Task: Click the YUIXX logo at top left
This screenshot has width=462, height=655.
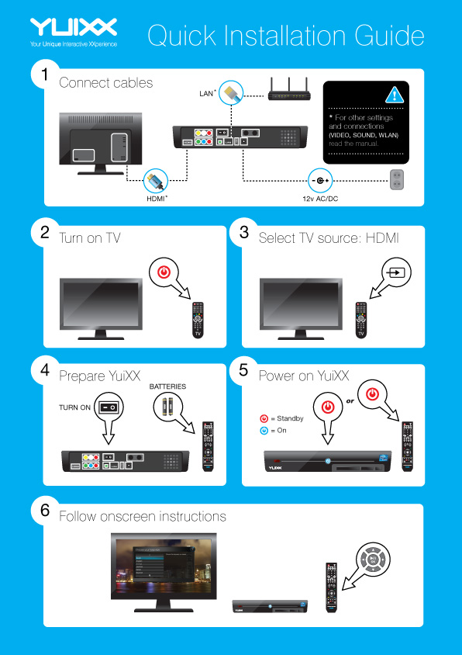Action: pos(74,29)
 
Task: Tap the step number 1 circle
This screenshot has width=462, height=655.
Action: pos(46,75)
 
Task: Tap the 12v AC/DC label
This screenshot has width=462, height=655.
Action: pos(320,199)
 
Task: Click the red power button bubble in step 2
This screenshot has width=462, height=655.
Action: pos(162,272)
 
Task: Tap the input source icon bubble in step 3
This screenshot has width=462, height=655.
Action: pos(396,272)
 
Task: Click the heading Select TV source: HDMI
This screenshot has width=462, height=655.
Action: pos(328,238)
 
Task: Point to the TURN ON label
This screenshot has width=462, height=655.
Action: pos(74,407)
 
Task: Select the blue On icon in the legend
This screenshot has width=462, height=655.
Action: pos(264,430)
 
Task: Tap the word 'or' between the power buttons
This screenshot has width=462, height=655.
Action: pos(350,401)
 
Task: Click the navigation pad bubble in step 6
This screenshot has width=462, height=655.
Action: pos(374,559)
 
